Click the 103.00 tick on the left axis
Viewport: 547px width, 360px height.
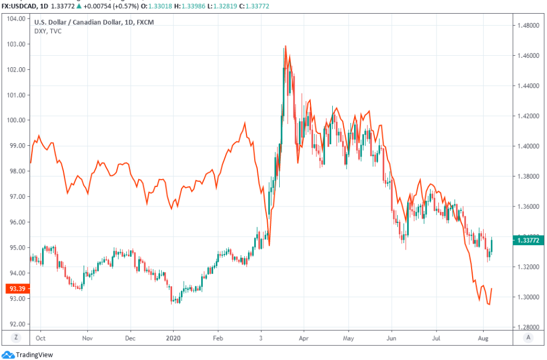[16, 44]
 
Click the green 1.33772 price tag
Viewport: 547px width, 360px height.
[528, 239]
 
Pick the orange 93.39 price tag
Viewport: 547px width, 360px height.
[17, 288]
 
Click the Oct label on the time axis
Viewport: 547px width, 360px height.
[40, 338]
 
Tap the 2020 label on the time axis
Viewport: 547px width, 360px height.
[173, 338]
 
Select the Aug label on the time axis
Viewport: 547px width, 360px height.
[483, 338]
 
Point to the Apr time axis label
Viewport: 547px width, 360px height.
[304, 338]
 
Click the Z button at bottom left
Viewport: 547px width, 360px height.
[16, 338]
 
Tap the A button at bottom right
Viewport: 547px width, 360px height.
[528, 338]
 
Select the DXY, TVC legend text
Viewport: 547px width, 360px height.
[48, 32]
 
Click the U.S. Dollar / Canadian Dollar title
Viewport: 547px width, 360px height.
[79, 22]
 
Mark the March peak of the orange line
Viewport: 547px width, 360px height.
[285, 47]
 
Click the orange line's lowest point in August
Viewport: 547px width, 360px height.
[489, 304]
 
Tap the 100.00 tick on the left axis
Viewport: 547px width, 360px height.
[16, 120]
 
